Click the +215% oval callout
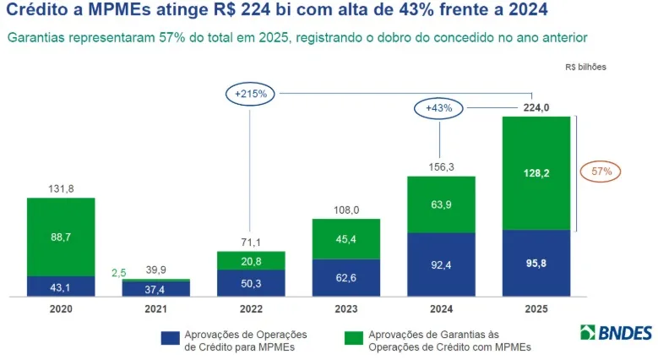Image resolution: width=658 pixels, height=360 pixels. (251, 94)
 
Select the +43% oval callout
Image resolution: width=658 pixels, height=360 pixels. (439, 107)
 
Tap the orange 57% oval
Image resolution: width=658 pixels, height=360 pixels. (601, 172)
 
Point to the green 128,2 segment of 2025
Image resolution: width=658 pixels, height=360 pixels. (536, 173)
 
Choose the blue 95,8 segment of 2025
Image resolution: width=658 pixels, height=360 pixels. (536, 263)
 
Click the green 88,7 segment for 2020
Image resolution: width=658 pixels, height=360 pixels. (61, 237)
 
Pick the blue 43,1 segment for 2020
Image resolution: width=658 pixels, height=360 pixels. (61, 286)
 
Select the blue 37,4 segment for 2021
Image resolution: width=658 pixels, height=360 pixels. (155, 289)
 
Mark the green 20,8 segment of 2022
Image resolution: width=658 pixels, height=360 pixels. (251, 260)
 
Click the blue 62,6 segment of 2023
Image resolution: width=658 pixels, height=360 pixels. (345, 278)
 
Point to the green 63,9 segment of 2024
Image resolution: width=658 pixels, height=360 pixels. (441, 205)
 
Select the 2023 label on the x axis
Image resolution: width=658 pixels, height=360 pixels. (345, 310)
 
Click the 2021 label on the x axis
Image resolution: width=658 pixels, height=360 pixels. (155, 310)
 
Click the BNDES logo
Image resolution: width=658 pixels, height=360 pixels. (616, 333)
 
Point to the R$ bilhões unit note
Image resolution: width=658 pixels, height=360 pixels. (585, 67)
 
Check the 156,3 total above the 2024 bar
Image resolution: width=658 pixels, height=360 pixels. (441, 167)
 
